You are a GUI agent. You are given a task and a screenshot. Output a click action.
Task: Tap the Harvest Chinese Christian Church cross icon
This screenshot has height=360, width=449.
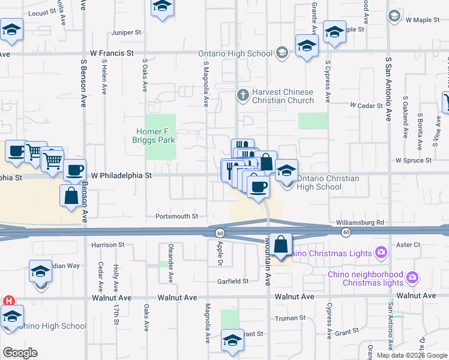click(x=243, y=95)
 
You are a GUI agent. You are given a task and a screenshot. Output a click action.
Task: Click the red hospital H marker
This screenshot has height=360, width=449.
click(x=8, y=301)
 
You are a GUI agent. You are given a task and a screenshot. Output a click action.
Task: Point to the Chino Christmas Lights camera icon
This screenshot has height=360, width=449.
click(x=380, y=251)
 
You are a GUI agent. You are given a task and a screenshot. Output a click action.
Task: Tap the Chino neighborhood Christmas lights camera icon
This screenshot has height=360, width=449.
click(x=412, y=277)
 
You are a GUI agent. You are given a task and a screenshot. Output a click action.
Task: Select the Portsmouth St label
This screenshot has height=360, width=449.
click(x=176, y=217)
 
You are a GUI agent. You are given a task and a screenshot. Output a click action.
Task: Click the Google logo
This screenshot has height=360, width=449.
click(x=20, y=353)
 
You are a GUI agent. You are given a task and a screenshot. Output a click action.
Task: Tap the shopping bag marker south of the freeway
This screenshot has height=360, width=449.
click(x=280, y=245)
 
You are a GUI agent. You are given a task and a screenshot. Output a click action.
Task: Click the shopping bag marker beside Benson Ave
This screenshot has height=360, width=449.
click(x=71, y=196)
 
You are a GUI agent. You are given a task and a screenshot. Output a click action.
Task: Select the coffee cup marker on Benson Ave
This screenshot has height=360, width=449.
click(x=74, y=171)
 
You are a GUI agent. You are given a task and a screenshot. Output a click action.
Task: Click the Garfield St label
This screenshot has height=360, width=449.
click(x=234, y=281)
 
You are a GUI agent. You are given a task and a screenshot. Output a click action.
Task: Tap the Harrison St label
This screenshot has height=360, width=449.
click(x=108, y=245)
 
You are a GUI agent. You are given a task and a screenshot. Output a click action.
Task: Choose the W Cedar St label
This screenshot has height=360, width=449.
click(x=367, y=106)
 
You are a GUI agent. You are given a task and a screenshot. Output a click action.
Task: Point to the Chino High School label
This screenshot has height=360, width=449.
click(x=53, y=326)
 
